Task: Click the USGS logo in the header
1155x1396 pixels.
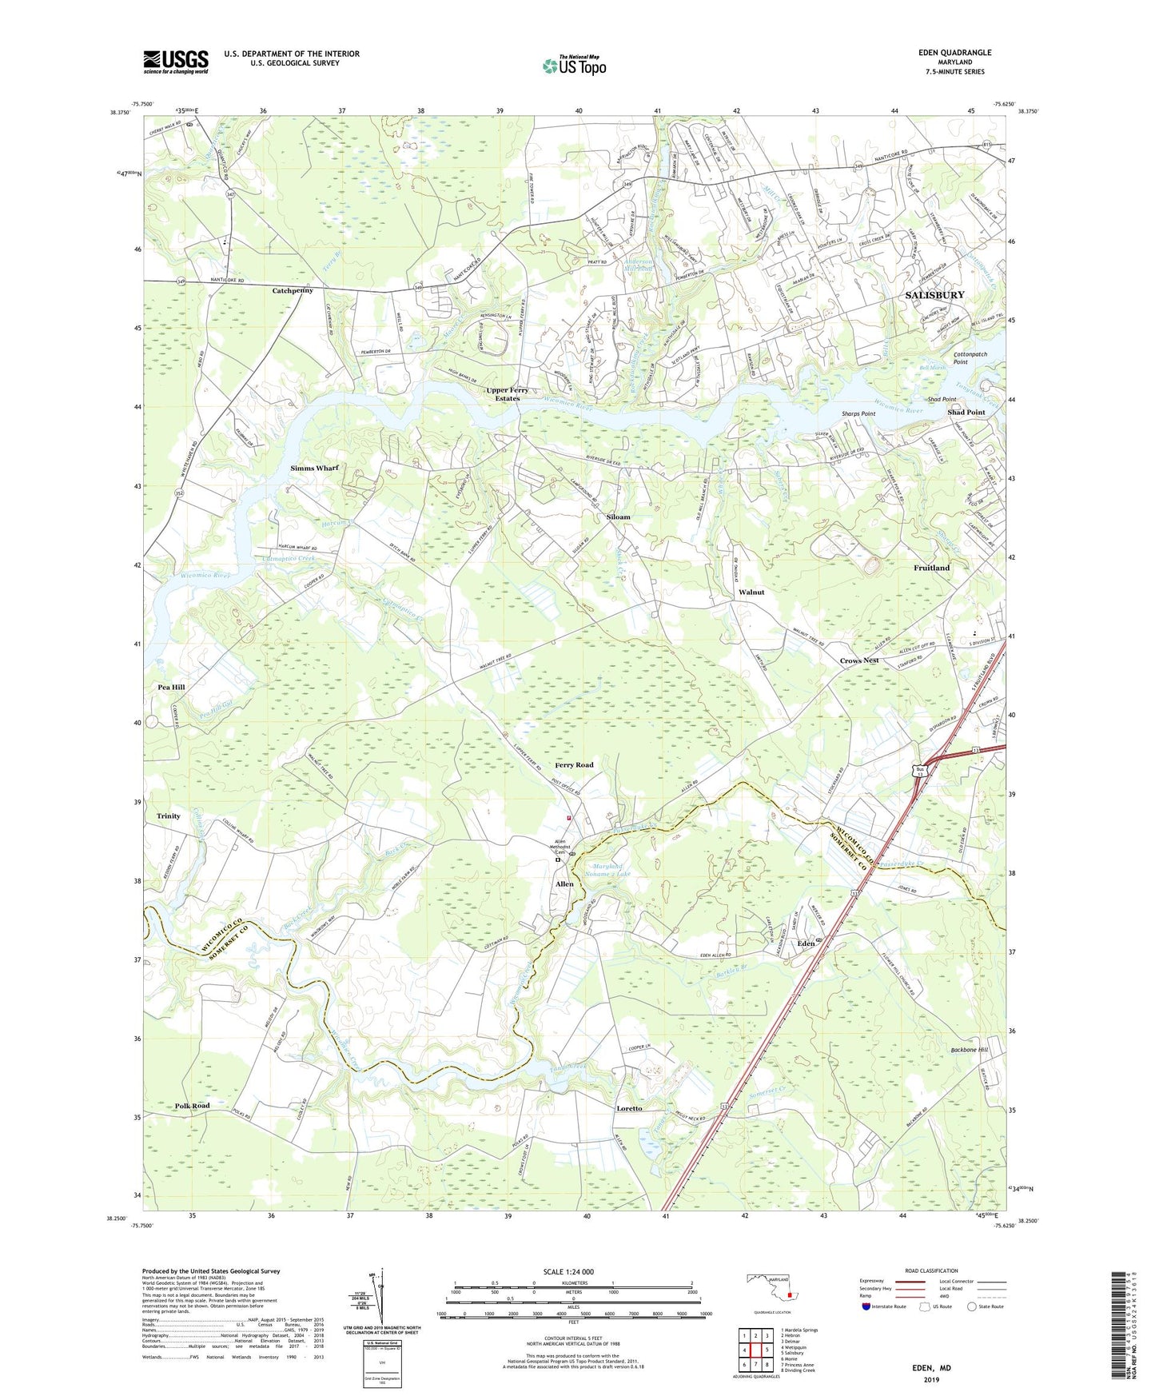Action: tap(176, 62)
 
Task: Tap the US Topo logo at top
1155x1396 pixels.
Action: tap(573, 65)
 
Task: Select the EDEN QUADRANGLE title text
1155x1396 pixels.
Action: tap(954, 53)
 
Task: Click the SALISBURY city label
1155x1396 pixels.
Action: tap(934, 295)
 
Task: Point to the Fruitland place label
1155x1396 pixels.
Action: tap(931, 568)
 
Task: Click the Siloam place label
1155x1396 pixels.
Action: tap(618, 517)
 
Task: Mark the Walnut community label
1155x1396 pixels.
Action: tap(751, 592)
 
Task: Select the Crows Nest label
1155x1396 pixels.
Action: tap(859, 660)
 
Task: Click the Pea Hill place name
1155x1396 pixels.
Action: tap(172, 687)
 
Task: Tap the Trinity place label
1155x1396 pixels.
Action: tap(169, 816)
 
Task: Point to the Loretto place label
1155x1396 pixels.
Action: tap(629, 1109)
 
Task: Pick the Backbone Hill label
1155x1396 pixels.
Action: tap(970, 1050)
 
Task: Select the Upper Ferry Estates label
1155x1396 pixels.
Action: tap(508, 394)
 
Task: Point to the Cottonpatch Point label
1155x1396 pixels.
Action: tap(971, 357)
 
